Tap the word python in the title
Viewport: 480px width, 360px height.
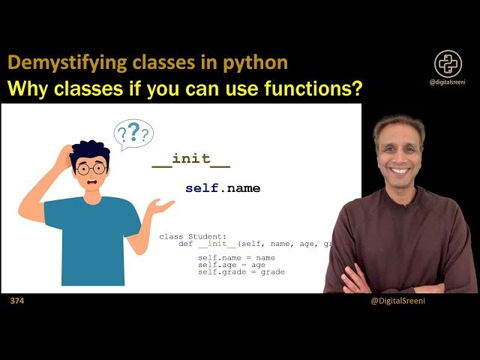coord(254,63)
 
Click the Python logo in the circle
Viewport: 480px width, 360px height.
coord(448,64)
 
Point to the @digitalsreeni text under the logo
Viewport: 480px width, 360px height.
coord(448,82)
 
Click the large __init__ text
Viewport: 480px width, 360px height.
coord(191,159)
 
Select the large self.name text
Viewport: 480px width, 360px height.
coord(223,188)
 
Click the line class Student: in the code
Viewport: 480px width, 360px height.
coord(187,236)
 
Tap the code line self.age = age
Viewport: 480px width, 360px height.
coord(232,265)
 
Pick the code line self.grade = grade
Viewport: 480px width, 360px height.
coord(241,271)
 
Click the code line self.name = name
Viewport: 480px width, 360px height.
coord(236,257)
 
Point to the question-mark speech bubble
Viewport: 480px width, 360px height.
coord(133,134)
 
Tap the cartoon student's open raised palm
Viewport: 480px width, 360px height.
coord(160,204)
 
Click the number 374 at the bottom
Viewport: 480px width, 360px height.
coord(16,301)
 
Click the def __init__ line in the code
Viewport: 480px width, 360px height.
coord(255,244)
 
